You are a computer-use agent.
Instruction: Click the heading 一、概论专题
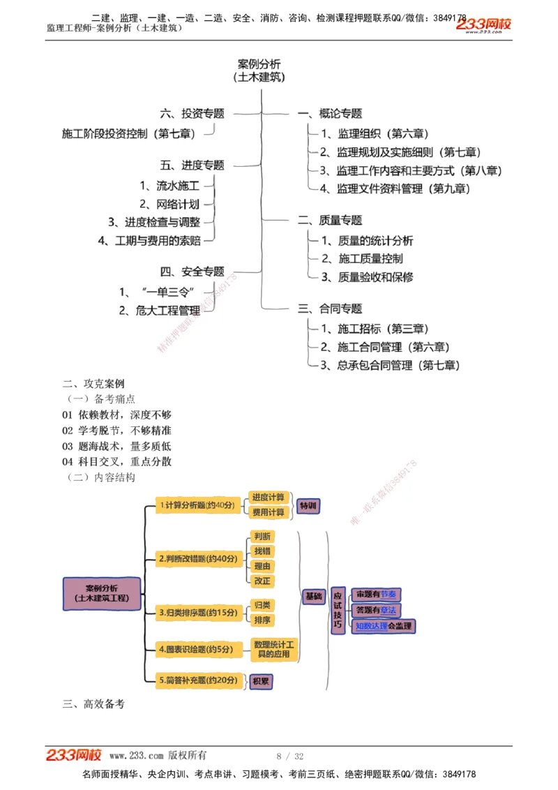[x=330, y=114]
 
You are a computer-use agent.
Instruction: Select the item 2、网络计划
[x=169, y=204]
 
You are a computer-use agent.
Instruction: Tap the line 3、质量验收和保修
[x=367, y=277]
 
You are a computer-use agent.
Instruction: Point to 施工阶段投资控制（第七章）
[x=128, y=133]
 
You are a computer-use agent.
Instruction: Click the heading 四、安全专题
[x=192, y=271]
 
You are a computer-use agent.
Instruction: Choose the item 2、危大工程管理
[x=159, y=311]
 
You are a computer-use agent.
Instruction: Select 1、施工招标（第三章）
[x=374, y=329]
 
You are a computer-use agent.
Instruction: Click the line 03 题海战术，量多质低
[x=116, y=446]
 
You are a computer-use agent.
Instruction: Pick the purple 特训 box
[x=308, y=505]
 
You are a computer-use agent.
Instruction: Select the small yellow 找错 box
[x=262, y=551]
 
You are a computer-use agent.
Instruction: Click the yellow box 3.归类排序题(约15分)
[x=198, y=613]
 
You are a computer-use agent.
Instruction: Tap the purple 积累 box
[x=261, y=682]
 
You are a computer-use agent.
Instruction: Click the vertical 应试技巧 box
[x=338, y=609]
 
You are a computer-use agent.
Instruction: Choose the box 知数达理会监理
[x=383, y=626]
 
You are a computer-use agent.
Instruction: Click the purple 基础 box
[x=314, y=597]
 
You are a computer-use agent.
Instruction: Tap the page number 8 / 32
[x=290, y=757]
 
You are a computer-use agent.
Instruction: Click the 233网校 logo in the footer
[x=74, y=755]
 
